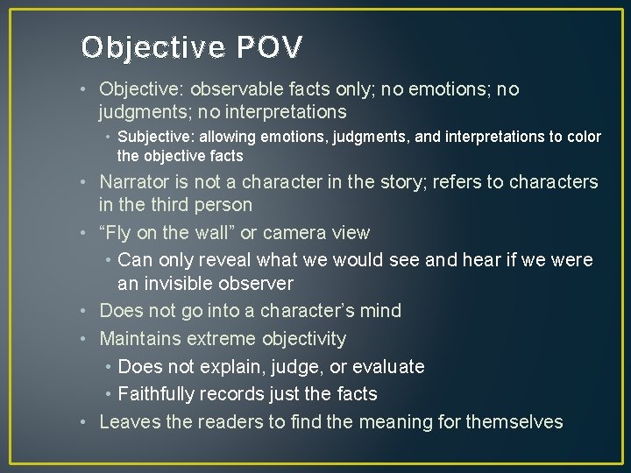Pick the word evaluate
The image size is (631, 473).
pos(386,367)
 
